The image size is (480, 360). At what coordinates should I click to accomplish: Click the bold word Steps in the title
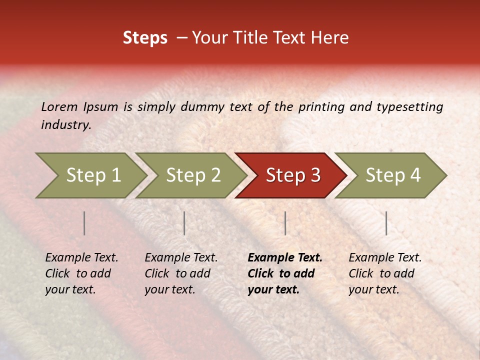coord(145,38)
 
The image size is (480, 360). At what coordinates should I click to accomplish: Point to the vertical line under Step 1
coord(84,223)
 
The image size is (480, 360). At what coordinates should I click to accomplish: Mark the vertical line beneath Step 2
coord(184,223)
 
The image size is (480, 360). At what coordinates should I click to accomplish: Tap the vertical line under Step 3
coord(285,223)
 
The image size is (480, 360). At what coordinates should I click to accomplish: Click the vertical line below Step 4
coord(386,223)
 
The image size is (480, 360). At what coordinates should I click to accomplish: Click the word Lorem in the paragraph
coord(59,107)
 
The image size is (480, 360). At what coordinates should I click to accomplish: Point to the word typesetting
coord(409,107)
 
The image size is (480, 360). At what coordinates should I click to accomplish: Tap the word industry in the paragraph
coord(65,125)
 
